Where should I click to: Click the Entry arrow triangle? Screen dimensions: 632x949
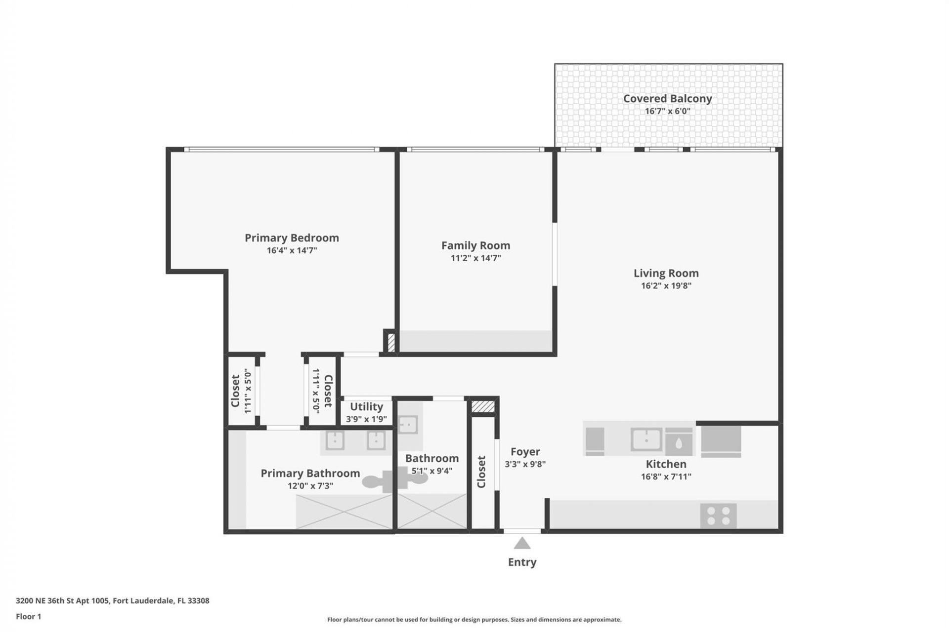point(522,544)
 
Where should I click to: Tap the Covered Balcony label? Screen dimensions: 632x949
point(667,98)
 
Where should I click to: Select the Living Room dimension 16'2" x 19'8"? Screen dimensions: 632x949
point(666,285)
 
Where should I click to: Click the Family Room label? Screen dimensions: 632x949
point(475,245)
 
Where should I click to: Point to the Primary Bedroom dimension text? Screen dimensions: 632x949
point(292,250)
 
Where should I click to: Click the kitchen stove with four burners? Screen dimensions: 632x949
point(718,516)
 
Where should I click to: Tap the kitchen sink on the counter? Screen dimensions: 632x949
point(646,439)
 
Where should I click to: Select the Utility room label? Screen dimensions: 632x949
point(366,406)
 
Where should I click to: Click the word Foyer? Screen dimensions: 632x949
point(525,452)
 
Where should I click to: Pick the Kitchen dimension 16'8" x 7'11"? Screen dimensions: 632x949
point(666,476)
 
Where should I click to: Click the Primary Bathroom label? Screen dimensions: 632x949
point(310,473)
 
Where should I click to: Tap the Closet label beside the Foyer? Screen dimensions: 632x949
point(481,472)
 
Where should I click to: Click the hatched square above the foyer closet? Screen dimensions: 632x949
point(482,406)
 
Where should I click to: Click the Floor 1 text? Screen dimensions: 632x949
point(28,616)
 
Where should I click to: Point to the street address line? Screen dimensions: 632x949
point(112,601)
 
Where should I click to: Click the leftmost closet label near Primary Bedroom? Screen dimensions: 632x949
point(235,391)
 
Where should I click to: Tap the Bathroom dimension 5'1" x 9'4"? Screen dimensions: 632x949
point(431,471)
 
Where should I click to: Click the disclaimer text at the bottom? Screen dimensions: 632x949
point(474,620)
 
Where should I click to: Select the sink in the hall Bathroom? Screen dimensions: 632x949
point(408,425)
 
